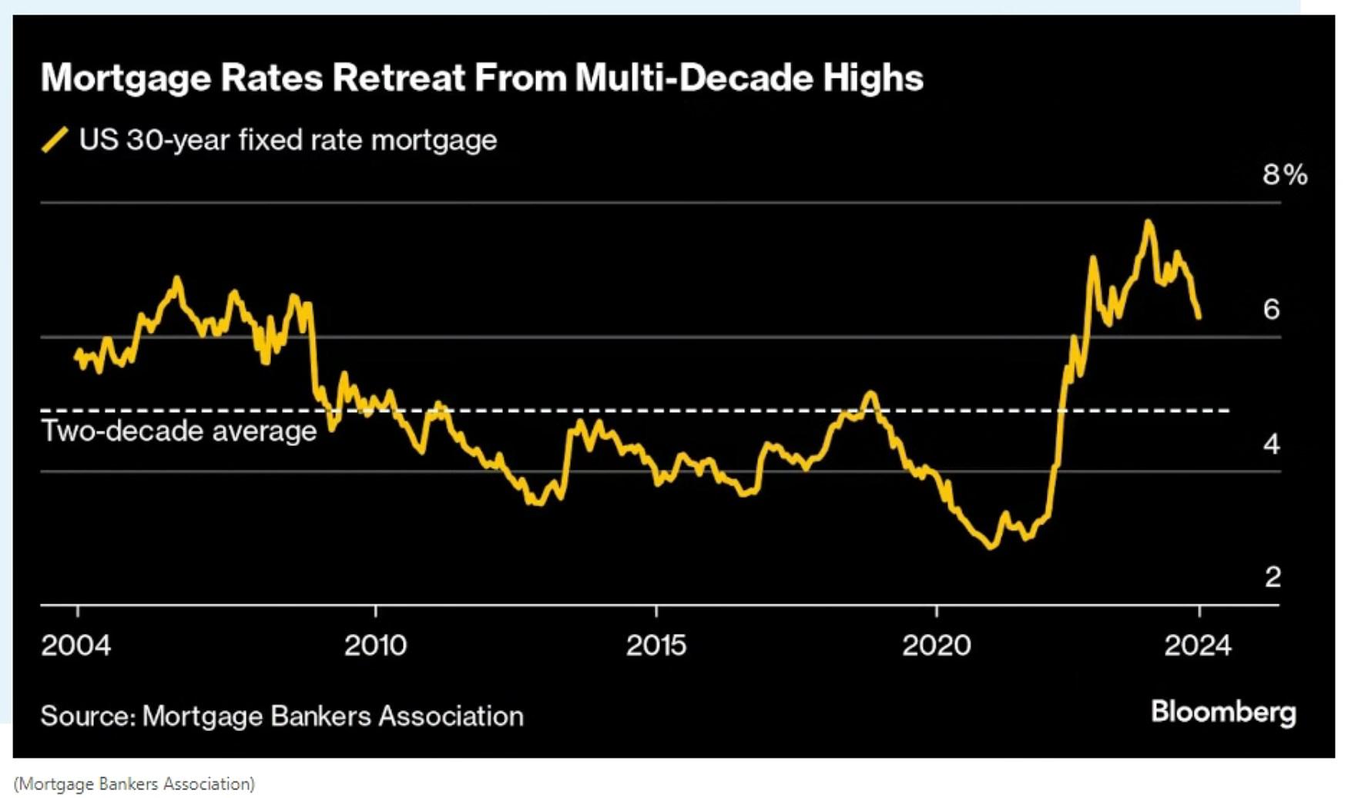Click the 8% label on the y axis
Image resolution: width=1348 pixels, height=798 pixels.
(x=1284, y=176)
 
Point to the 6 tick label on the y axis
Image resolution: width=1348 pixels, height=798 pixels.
(x=1271, y=310)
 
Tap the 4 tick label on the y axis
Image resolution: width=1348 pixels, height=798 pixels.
(x=1271, y=444)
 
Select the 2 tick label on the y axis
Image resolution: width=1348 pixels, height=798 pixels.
(x=1273, y=577)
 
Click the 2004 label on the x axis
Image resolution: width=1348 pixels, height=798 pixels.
(x=75, y=645)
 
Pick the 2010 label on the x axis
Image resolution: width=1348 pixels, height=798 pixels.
(x=375, y=645)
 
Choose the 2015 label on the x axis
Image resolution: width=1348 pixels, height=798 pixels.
(x=656, y=645)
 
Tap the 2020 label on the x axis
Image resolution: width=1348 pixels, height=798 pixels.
(x=937, y=645)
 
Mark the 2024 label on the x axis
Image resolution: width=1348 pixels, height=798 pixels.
(x=1198, y=645)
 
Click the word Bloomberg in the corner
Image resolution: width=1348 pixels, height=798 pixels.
(x=1223, y=712)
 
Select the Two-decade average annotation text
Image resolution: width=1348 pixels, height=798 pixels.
(x=179, y=431)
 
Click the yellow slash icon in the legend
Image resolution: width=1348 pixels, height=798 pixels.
(x=55, y=140)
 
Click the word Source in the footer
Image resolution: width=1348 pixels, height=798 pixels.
(x=88, y=716)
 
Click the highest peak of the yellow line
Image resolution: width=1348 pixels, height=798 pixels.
(x=1148, y=223)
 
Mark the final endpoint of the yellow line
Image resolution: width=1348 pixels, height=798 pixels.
(x=1199, y=317)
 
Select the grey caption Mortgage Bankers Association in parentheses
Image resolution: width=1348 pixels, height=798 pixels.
(x=134, y=784)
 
